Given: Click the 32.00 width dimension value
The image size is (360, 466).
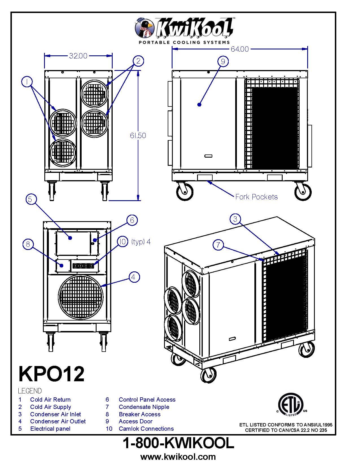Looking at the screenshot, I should tap(78, 56).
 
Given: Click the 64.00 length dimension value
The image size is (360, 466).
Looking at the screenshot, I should tap(240, 49).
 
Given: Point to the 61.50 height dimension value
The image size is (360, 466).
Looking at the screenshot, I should tap(138, 136).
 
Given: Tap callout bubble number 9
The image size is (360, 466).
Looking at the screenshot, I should tap(223, 61).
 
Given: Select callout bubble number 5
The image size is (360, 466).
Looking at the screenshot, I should tap(31, 199).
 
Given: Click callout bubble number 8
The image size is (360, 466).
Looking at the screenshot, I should tap(28, 244).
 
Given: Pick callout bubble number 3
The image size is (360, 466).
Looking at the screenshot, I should tap(235, 219).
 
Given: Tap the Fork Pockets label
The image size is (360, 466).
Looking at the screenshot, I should tap(256, 197).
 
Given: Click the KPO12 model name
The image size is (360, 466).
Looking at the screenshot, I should tap(51, 374).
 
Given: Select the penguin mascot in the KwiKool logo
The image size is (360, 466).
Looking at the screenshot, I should tap(144, 28).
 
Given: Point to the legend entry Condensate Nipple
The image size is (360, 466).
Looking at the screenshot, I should tap(144, 407).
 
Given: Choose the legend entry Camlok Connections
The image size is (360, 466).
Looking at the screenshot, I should tap(146, 429).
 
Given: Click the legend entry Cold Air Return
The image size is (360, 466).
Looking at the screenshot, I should tap(50, 400).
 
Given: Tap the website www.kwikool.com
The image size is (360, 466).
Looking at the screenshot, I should tap(178, 457).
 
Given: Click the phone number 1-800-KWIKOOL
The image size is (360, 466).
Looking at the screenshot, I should tap(178, 443).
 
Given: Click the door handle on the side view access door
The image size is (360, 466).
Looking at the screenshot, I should tap(208, 156).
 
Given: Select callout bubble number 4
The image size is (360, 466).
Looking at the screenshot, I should tap(134, 277).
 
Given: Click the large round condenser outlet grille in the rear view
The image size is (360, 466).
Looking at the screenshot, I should tap(81, 295).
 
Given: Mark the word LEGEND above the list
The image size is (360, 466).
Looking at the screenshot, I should tap(30, 391).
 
